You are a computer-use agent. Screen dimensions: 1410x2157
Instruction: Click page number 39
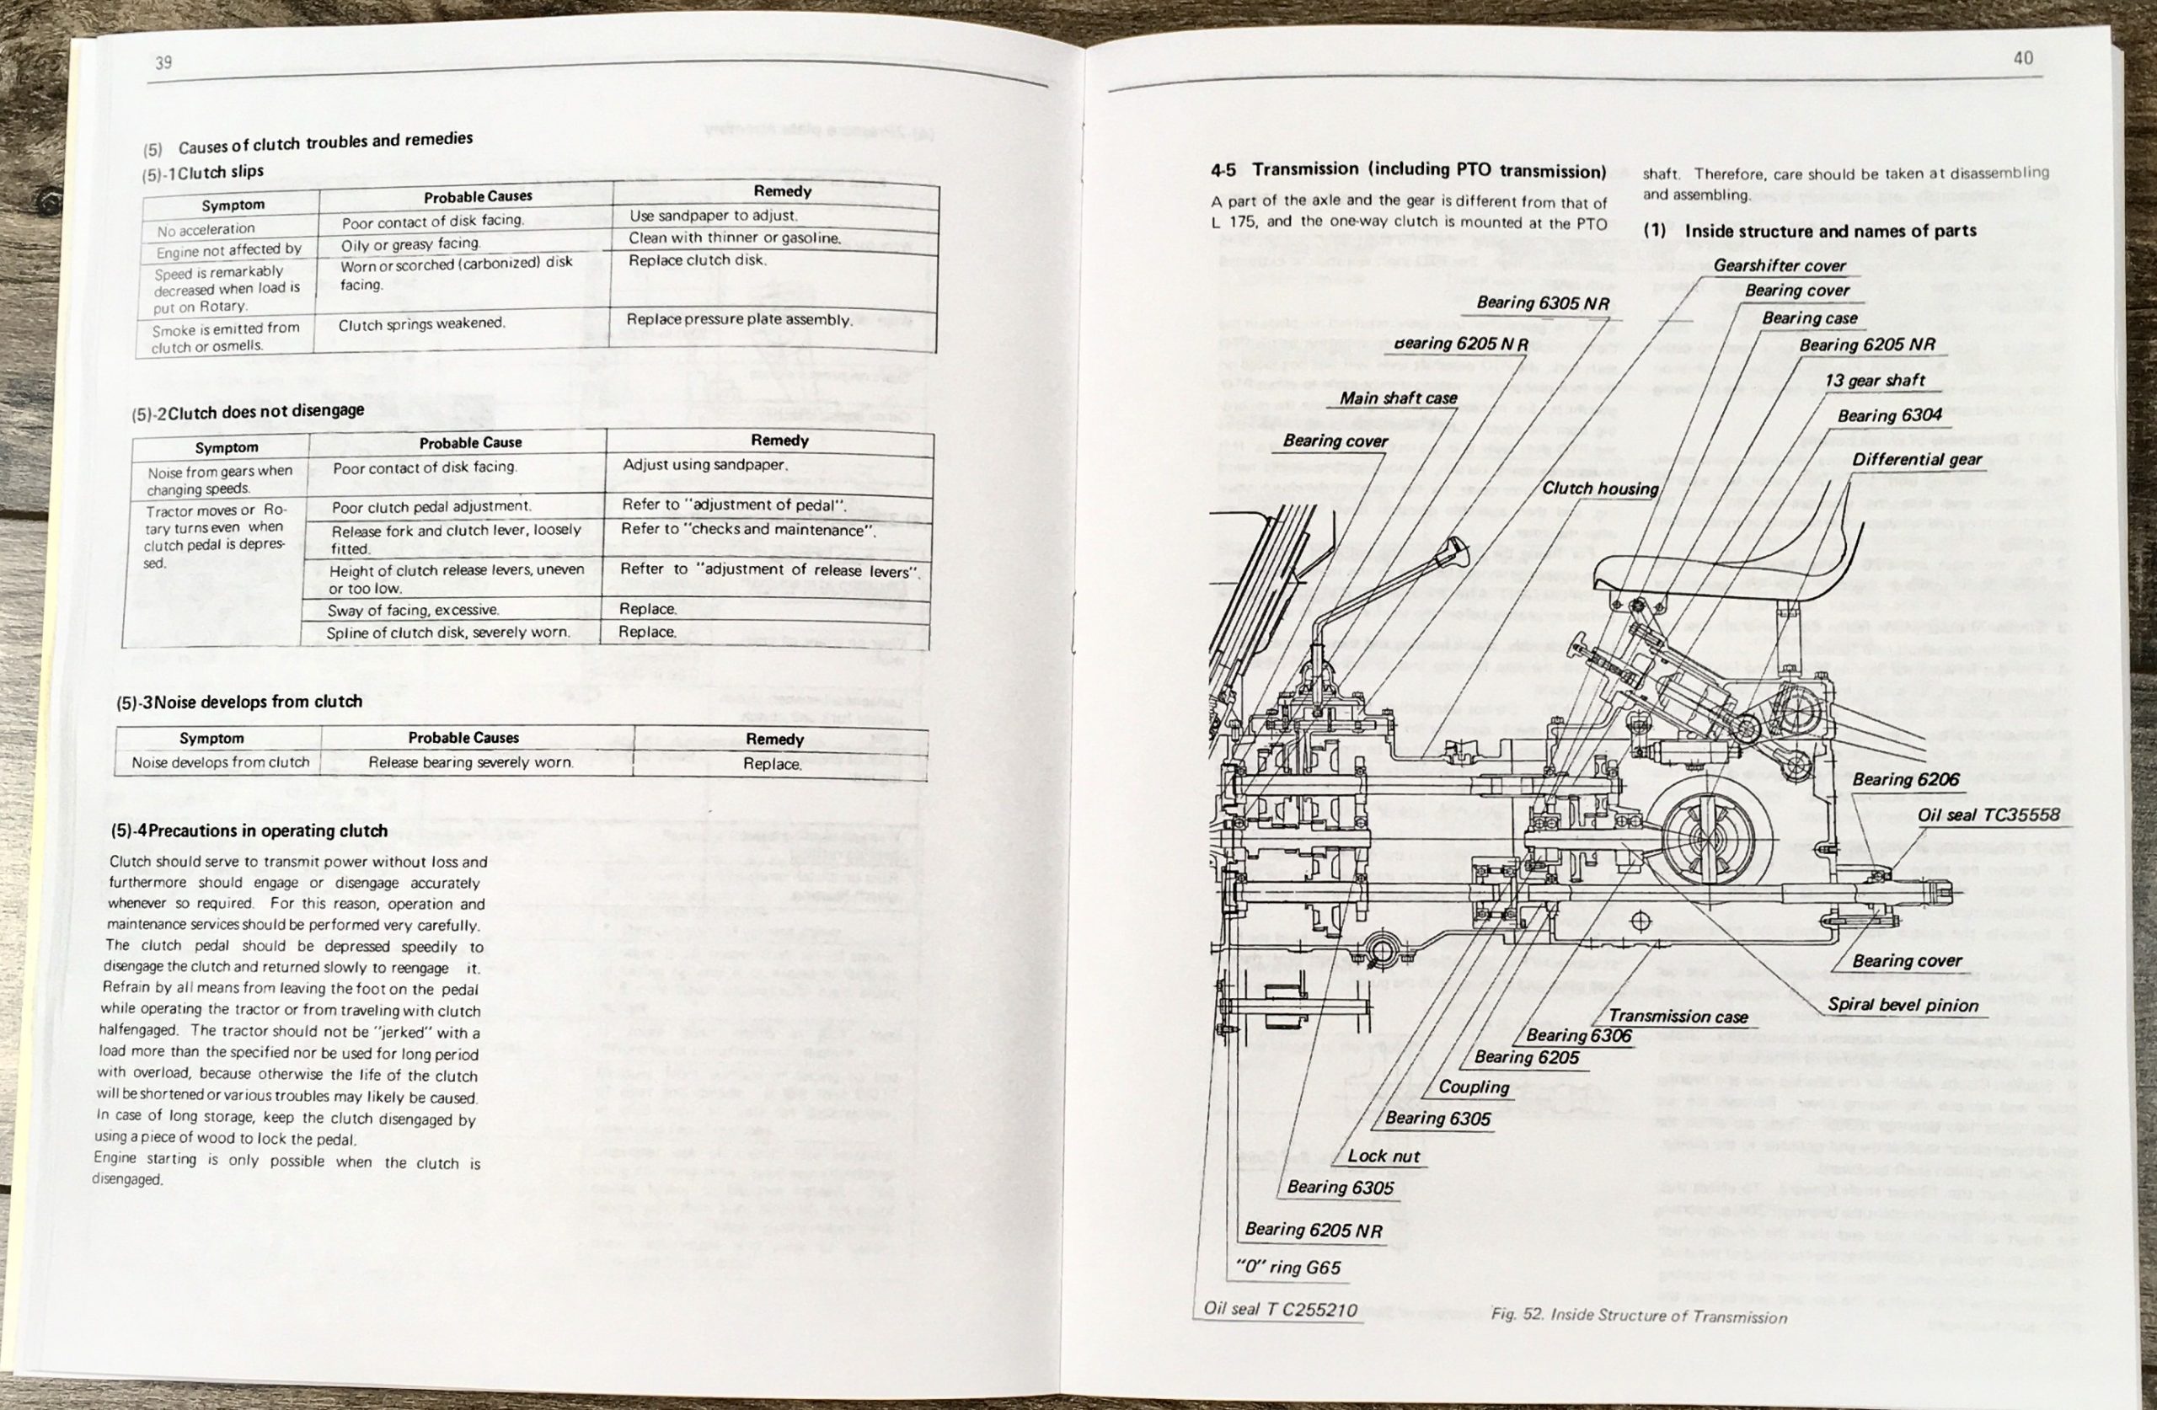164,62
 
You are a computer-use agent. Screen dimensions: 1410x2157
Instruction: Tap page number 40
2023,58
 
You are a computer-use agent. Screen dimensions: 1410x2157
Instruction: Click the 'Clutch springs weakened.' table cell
421,324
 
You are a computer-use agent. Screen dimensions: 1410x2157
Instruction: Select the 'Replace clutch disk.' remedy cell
698,260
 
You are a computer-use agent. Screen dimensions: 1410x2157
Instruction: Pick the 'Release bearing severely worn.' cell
470,763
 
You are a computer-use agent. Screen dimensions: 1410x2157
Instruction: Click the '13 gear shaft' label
1874,381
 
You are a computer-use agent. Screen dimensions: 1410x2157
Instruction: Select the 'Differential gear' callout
1916,459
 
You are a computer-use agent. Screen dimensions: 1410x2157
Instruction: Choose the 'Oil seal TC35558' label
1988,814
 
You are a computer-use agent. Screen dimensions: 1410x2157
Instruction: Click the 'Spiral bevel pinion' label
1903,1005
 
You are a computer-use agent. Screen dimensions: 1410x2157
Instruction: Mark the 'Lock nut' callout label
1383,1156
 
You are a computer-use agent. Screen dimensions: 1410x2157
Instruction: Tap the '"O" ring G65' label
1287,1268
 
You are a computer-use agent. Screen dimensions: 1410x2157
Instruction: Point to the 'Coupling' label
1474,1087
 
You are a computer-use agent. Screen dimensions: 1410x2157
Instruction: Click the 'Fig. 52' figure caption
1639,1316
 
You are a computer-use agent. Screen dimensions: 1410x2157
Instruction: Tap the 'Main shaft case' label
1398,398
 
